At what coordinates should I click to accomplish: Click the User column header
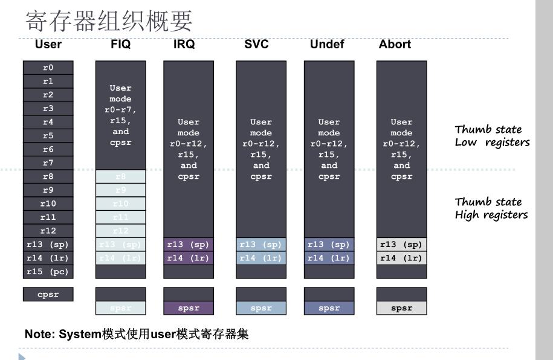pos(48,44)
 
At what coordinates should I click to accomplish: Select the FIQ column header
pos(121,44)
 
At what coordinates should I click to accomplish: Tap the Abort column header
pos(395,44)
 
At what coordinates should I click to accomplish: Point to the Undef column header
pos(327,44)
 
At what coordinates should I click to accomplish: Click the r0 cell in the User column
pos(48,68)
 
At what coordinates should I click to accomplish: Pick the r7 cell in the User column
pos(48,163)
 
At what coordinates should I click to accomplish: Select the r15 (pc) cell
pos(48,272)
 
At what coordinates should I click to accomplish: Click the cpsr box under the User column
pos(48,294)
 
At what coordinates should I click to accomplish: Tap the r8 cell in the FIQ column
pos(121,176)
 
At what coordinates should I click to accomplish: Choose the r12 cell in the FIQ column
pos(121,231)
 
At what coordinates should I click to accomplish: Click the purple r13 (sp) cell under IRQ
pos(189,245)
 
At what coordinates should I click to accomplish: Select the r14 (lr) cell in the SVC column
pos(261,258)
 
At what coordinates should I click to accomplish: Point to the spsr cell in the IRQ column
pos(189,308)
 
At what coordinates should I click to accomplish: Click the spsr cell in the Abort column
pos(401,308)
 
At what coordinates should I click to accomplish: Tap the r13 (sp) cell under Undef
pos(329,245)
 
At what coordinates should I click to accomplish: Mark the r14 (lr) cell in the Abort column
pos(401,258)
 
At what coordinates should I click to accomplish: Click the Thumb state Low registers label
pos(492,136)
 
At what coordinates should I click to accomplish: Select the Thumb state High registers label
pos(491,208)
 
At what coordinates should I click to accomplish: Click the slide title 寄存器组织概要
pos(109,21)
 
